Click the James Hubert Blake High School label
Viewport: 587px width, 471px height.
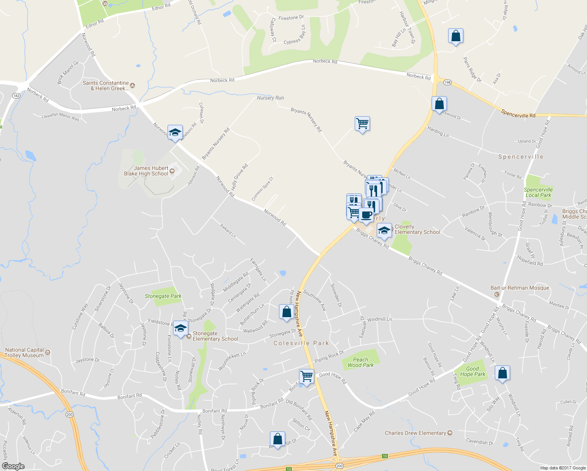(x=146, y=171)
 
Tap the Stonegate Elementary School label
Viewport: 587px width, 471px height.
(x=215, y=336)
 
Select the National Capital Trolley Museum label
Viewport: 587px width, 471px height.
(x=24, y=352)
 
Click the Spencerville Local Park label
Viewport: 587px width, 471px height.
(x=538, y=192)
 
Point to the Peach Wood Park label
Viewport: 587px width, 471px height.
(x=361, y=362)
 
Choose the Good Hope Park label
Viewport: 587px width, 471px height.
(x=472, y=371)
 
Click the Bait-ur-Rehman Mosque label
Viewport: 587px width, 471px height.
(x=520, y=288)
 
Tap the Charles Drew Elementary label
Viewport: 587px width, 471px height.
(x=415, y=433)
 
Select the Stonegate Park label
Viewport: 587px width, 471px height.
(x=163, y=296)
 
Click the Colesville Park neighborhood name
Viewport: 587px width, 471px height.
(x=301, y=343)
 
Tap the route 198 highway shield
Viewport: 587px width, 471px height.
(x=447, y=82)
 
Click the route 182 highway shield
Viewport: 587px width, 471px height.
(x=16, y=95)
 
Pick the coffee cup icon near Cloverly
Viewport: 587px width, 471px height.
(x=366, y=215)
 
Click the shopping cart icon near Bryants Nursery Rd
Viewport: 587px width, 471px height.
(x=362, y=124)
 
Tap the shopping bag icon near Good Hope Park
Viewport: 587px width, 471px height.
(x=502, y=373)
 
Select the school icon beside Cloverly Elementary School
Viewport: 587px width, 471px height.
(x=384, y=230)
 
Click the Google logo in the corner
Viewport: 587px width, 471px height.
(x=13, y=466)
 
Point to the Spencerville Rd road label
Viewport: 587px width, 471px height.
(x=518, y=114)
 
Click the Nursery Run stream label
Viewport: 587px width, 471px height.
(x=270, y=98)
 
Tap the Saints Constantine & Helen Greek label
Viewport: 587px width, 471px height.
(x=106, y=86)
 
